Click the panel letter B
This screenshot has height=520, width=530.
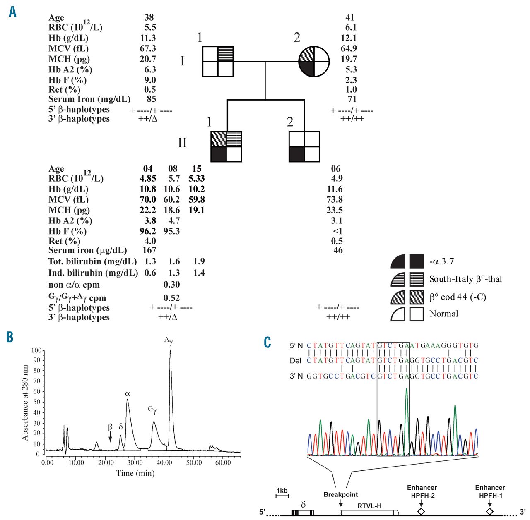10,337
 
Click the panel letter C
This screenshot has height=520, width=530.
267,343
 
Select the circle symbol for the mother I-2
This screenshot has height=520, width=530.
314,61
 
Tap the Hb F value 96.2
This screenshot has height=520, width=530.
148,231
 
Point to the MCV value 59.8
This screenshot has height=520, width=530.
196,199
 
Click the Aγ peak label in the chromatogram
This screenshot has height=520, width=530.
168,341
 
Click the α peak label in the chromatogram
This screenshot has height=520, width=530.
128,394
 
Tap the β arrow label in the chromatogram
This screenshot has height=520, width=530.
110,427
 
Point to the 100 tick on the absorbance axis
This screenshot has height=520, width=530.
36,351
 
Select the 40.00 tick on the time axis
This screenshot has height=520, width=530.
164,462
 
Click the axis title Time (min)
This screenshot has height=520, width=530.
135,473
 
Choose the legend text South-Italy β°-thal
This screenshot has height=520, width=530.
465,279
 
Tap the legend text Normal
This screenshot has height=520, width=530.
443,314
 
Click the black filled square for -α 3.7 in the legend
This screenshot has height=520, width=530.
417,262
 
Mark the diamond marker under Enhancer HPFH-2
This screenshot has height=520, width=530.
421,511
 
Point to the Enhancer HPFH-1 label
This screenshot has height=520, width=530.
490,491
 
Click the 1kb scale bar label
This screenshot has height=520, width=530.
282,491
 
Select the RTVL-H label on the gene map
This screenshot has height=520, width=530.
369,506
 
